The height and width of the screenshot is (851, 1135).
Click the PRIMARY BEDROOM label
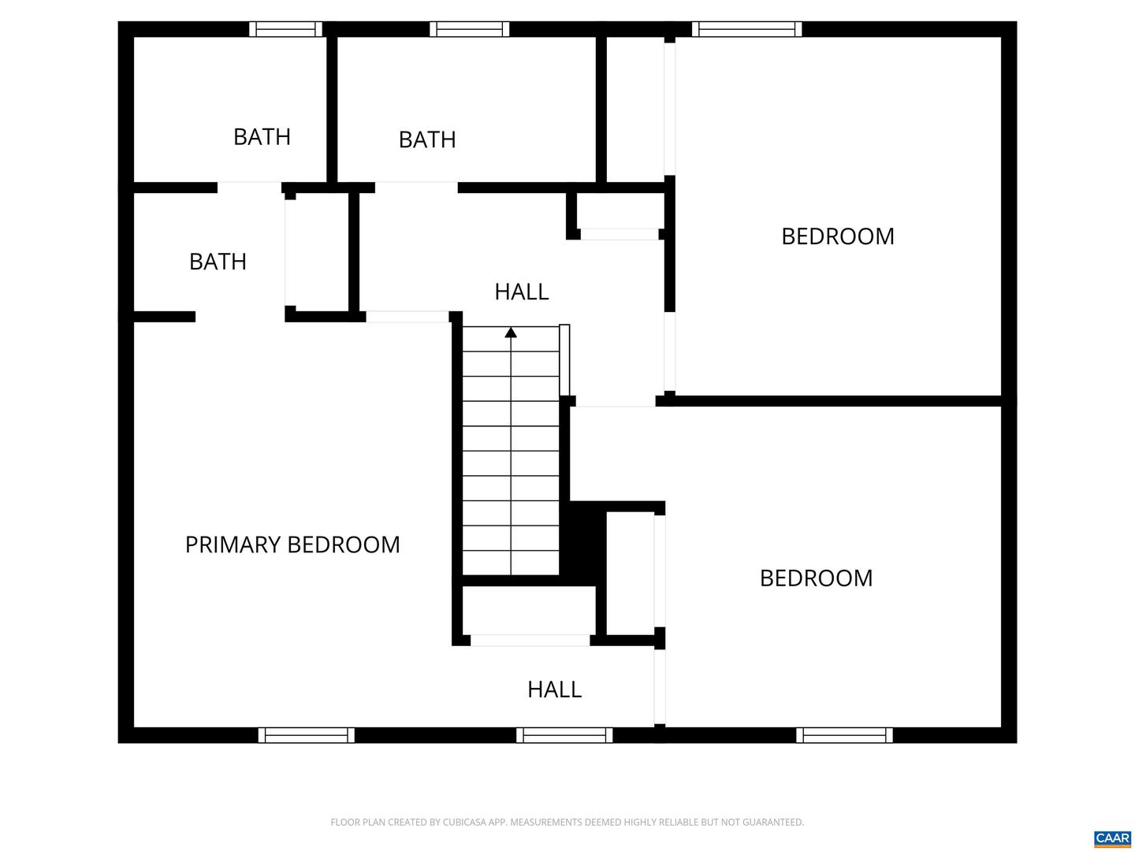tap(292, 544)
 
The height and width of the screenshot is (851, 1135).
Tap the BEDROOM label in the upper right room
tap(837, 236)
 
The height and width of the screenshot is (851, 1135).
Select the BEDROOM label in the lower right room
tap(816, 578)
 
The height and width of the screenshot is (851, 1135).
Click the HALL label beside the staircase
tap(521, 292)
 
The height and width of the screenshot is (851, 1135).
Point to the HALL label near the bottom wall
tap(554, 689)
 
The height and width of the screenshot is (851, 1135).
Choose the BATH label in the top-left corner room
tap(262, 137)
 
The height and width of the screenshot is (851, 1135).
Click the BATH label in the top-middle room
tap(426, 139)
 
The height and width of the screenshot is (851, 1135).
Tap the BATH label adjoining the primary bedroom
tap(218, 262)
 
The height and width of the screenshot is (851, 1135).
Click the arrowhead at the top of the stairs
tap(511, 333)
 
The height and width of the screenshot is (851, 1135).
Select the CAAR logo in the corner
tap(1112, 838)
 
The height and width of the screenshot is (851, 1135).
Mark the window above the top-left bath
tap(285, 29)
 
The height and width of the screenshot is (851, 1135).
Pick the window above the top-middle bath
tap(469, 29)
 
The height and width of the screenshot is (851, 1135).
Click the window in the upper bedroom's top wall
tap(746, 29)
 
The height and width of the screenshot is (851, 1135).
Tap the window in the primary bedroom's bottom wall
tap(306, 735)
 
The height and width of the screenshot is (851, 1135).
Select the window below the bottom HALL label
tap(564, 735)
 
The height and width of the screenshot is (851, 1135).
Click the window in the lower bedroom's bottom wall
tap(844, 735)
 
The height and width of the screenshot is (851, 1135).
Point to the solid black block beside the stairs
tap(582, 544)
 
